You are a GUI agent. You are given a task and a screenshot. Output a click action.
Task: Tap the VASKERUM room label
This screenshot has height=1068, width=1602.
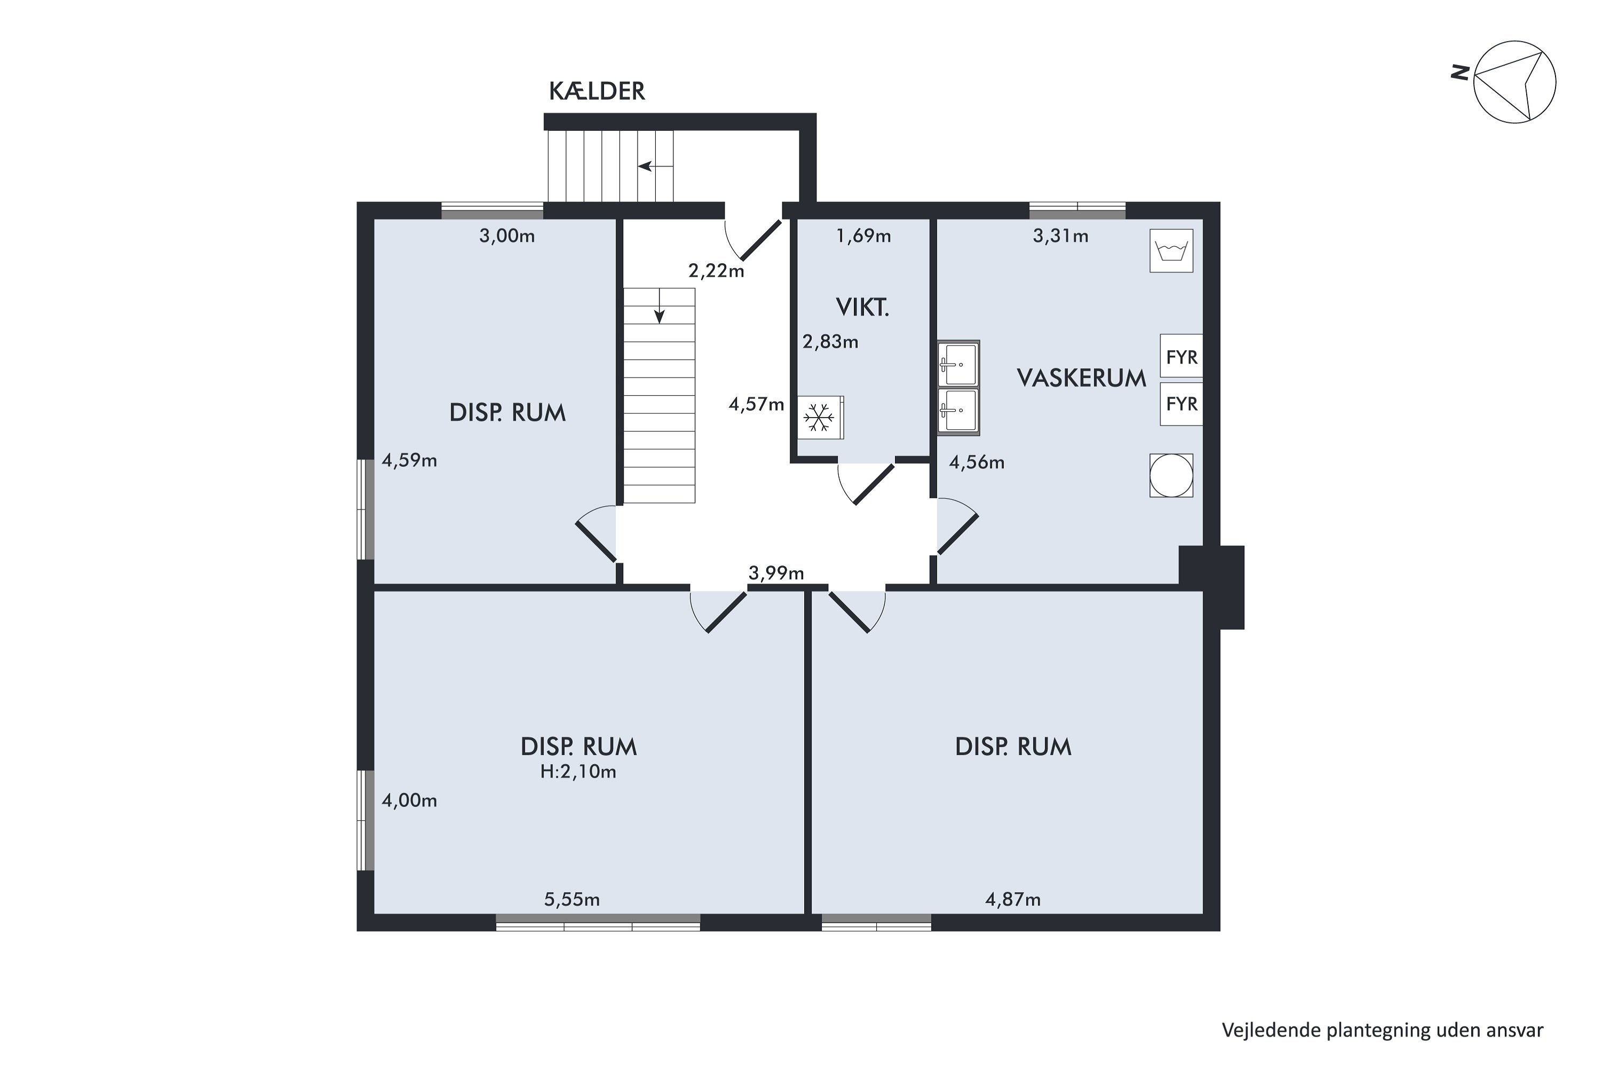pos(1082,378)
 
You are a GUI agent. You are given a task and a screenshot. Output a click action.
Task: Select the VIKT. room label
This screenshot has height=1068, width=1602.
pos(862,308)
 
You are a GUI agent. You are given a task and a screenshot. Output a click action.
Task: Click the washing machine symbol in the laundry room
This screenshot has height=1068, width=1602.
pos(1171,250)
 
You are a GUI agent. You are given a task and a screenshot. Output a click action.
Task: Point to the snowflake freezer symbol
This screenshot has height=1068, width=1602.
pos(819,418)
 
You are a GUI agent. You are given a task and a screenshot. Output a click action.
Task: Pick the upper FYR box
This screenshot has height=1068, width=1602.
pos(1181,356)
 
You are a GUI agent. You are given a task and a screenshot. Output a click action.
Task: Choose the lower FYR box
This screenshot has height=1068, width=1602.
pos(1181,404)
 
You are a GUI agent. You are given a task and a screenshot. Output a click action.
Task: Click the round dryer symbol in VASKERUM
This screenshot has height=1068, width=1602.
pos(1171,475)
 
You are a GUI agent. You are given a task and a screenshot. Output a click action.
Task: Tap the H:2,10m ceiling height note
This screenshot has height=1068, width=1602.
pos(578,772)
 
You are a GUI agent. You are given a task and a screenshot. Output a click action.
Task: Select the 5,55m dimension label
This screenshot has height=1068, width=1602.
pos(571,900)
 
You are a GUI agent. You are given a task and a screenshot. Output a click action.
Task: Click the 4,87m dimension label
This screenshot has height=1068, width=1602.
pos(1013,900)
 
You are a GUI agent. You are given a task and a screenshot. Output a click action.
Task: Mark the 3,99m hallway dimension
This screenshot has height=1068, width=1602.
pos(776,573)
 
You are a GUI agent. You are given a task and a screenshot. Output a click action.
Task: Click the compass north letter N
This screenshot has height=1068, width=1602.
pos(1459,72)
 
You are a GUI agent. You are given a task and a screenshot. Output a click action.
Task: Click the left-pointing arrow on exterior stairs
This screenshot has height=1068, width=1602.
pos(655,166)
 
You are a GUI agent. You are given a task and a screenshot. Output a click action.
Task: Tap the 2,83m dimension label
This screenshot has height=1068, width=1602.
pos(830,341)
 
